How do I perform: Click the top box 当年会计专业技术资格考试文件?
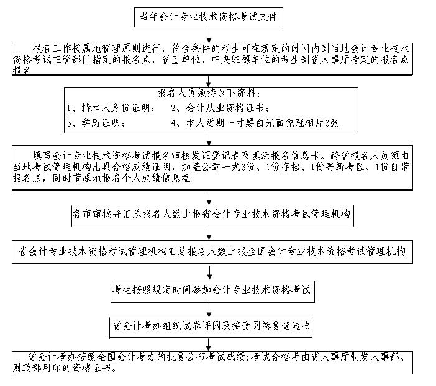209,17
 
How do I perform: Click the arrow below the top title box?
209,35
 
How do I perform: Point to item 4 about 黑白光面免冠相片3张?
255,122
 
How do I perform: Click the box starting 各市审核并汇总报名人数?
212,216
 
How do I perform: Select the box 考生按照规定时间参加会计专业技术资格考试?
212,291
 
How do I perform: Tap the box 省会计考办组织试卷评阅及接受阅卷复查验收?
211,328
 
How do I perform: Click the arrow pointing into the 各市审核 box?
209,197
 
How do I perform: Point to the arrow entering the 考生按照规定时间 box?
209,272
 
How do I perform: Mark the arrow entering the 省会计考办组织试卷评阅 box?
209,310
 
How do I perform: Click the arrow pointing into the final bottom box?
209,345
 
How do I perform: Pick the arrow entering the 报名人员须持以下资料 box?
209,81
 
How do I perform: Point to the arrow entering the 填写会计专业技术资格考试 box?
209,139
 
